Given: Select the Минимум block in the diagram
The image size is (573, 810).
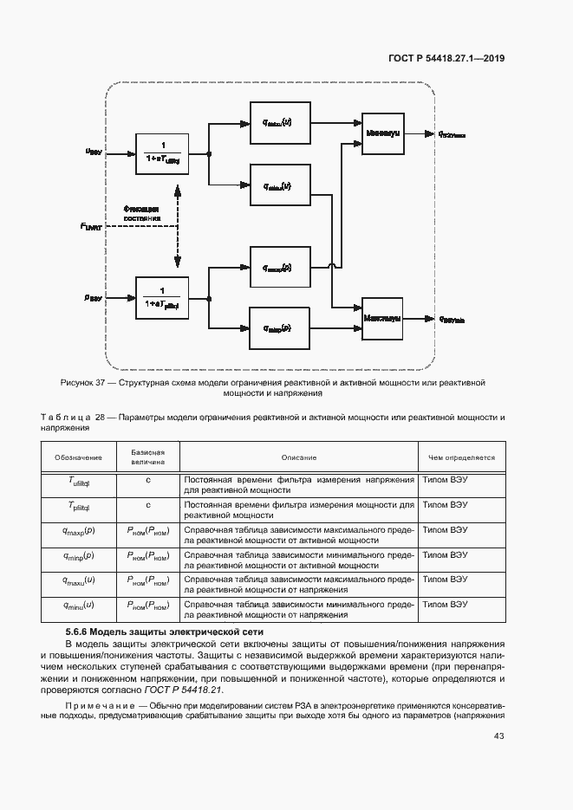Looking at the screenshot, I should pos(382,134).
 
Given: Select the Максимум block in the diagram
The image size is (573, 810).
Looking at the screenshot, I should pos(382,318).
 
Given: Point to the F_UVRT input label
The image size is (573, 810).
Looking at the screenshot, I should pos(90,226).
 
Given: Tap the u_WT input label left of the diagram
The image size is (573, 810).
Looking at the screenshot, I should pos(93,151).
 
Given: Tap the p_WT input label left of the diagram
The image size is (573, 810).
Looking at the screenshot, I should pos(93,296).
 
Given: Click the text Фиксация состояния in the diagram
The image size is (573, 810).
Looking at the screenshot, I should pos(141,214).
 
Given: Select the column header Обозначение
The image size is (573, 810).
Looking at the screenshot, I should pos(78,457).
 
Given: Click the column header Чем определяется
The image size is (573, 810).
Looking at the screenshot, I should pos(461,457).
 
